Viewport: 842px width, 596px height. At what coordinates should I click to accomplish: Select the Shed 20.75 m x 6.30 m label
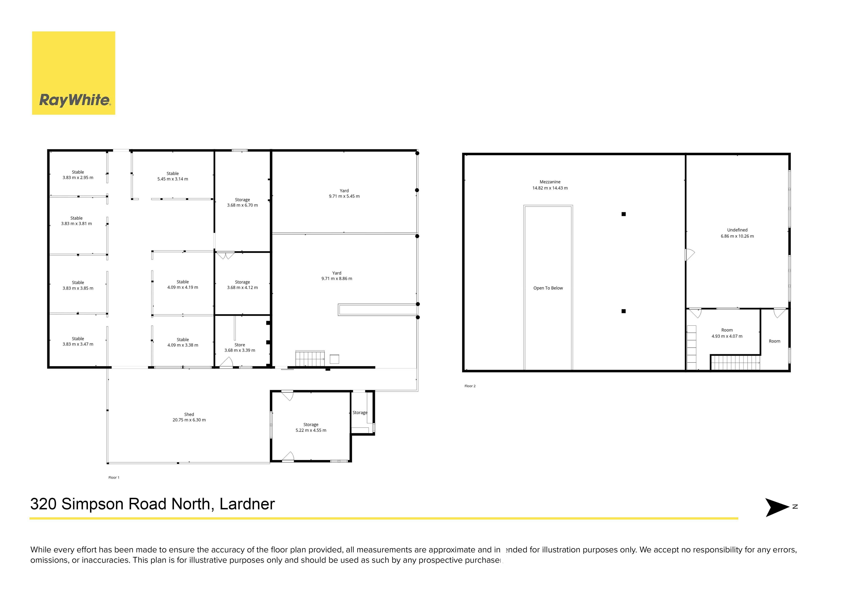(189, 417)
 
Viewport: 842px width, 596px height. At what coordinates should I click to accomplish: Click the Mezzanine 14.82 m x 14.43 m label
(550, 185)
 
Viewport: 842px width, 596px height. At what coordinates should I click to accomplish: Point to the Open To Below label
(548, 288)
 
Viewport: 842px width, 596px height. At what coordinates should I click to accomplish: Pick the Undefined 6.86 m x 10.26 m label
(737, 233)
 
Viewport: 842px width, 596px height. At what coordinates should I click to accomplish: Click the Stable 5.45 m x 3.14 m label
(173, 176)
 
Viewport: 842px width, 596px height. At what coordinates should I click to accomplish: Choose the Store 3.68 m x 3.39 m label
(240, 348)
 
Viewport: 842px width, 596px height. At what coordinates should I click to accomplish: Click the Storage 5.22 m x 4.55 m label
(311, 428)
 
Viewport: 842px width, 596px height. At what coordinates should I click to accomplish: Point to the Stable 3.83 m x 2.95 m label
(78, 175)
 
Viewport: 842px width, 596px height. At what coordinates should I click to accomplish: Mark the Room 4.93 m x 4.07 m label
(727, 333)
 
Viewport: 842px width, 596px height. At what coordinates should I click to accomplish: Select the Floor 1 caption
(114, 477)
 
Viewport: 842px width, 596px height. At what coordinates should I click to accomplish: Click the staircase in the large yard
(310, 358)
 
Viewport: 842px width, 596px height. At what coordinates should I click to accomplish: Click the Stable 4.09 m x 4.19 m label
(183, 284)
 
